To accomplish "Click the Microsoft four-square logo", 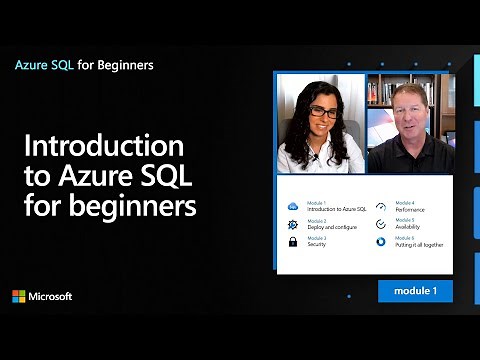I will [x=18, y=296].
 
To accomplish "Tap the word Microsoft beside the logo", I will [x=50, y=297].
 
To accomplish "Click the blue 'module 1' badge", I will [x=415, y=291].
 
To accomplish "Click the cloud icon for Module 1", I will [x=293, y=207].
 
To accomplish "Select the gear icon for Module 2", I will [x=293, y=225].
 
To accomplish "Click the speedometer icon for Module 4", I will [x=382, y=207].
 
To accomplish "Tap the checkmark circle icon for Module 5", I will [x=382, y=225].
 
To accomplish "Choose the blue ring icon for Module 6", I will [x=382, y=242].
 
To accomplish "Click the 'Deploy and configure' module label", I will [x=331, y=227].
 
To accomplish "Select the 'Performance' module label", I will [x=410, y=210].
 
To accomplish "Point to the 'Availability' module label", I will [x=408, y=227].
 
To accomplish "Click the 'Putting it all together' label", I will [x=419, y=245].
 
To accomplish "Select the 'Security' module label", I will [x=317, y=245].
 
